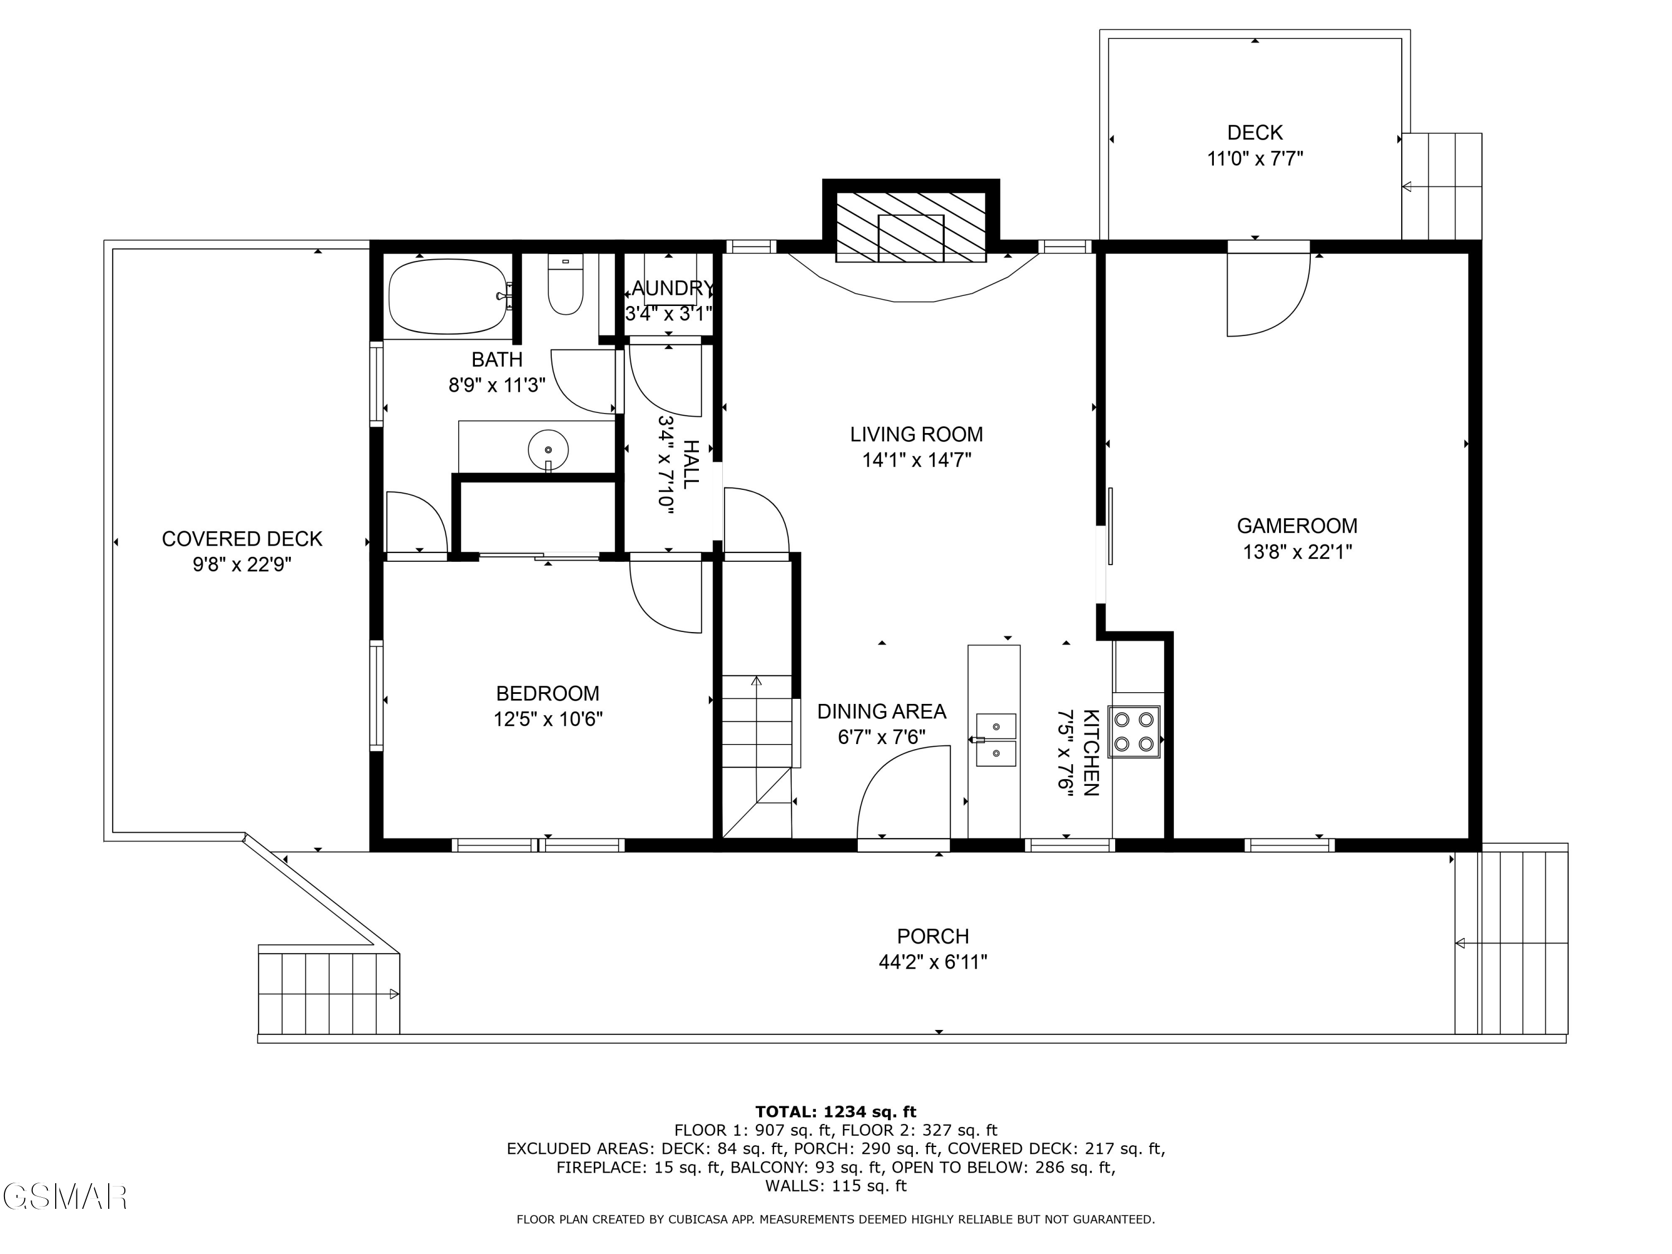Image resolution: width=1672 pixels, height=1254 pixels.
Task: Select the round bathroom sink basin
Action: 548,450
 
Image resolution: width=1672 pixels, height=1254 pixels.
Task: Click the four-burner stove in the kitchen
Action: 1134,732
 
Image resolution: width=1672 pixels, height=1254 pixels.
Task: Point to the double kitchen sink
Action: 995,739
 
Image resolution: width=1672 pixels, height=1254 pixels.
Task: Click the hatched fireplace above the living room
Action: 911,225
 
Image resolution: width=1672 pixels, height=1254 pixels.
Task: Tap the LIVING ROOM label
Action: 916,434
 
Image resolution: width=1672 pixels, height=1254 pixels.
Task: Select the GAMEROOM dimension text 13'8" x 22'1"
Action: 1297,552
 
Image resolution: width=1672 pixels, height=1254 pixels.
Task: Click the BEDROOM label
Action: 547,693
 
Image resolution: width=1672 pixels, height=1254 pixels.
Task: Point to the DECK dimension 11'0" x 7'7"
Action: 1255,159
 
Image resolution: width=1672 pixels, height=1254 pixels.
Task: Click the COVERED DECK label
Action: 242,539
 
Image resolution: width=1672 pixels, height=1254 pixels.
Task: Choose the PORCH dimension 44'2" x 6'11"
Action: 933,962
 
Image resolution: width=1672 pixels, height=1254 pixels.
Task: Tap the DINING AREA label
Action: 881,711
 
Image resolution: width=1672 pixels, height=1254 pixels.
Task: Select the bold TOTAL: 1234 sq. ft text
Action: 835,1112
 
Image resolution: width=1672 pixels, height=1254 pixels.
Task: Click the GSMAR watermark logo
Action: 64,1197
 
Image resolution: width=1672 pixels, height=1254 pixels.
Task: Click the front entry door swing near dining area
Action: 903,794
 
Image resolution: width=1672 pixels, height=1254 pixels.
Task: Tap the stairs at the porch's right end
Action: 1510,942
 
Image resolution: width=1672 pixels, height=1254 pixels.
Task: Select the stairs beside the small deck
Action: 1441,186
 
